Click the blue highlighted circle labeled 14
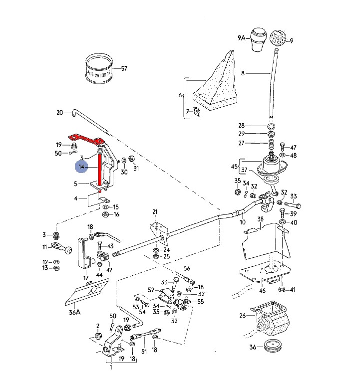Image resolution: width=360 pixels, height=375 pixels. [x=81, y=168]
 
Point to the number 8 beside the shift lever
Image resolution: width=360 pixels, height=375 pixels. [x=243, y=73]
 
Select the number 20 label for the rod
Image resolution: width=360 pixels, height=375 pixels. [x=60, y=113]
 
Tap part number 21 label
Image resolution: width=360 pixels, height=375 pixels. [x=155, y=212]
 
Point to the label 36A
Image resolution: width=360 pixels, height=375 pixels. [x=74, y=313]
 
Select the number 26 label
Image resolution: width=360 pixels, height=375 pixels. [x=243, y=315]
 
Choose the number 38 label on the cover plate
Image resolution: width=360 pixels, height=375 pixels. [x=260, y=219]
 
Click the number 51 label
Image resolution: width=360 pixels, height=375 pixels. [x=144, y=351]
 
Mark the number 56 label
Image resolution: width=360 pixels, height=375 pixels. [x=187, y=268]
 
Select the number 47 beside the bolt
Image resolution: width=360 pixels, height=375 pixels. [x=293, y=148]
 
